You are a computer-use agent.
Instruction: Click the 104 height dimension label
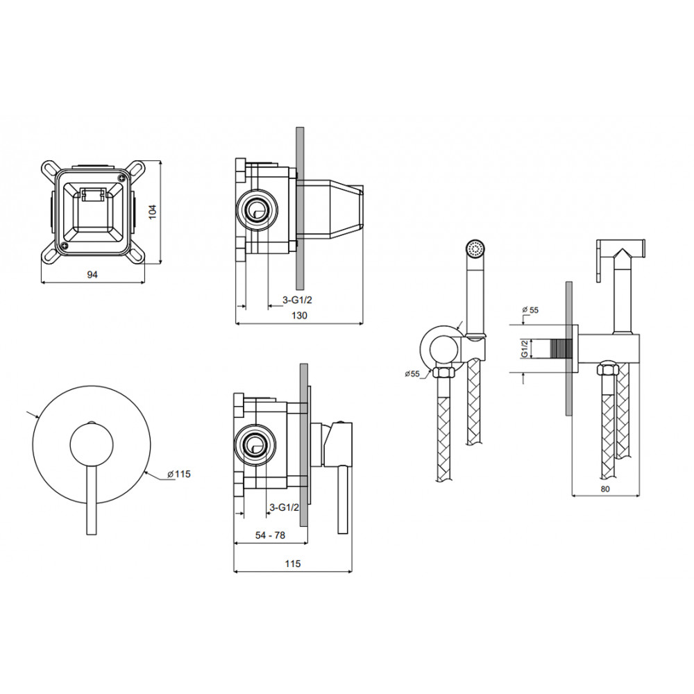click(x=152, y=212)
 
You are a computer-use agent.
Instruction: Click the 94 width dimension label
click(x=92, y=274)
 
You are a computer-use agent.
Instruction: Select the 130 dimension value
click(x=299, y=315)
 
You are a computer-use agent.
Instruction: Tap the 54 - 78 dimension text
click(x=270, y=535)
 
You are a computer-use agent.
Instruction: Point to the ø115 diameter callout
click(x=179, y=474)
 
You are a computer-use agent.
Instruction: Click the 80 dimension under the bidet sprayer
click(x=605, y=489)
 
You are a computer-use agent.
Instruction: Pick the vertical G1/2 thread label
click(x=524, y=348)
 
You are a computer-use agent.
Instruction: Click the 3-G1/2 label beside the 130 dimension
click(x=298, y=300)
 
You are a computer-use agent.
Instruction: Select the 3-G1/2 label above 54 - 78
click(x=285, y=507)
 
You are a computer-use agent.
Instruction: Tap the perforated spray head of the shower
click(x=476, y=248)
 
